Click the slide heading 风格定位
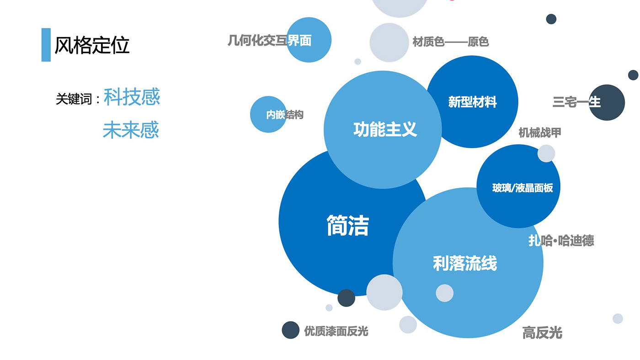92,45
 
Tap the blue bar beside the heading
46,45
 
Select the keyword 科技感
132,97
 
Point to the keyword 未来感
131,130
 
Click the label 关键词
74,99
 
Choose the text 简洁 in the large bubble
347,225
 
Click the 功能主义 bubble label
385,129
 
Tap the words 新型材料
472,102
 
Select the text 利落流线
464,264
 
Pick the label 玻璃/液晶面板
523,188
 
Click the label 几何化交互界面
269,41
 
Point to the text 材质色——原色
450,42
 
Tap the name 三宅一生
576,101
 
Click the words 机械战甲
539,133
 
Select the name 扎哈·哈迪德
561,241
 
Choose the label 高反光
542,333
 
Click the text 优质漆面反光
336,331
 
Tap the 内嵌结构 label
284,115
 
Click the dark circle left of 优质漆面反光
290,330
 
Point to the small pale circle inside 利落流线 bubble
444,293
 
